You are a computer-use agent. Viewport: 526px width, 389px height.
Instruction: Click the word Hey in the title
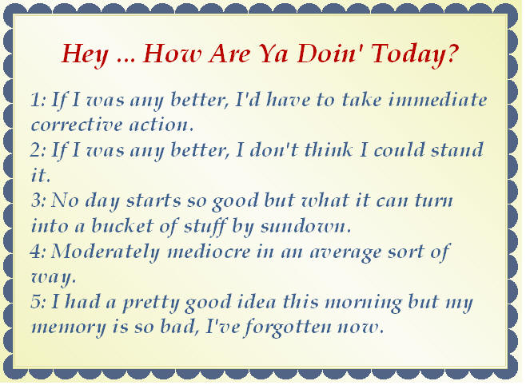click(x=86, y=54)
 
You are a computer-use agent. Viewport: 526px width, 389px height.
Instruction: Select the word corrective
click(x=77, y=125)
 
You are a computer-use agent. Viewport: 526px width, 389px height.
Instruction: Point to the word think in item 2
click(x=329, y=149)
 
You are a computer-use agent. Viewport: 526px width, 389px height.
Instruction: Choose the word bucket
click(x=122, y=225)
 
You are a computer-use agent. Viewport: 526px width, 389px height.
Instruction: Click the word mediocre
click(x=209, y=252)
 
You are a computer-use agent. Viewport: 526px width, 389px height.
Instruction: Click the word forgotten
click(x=288, y=327)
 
